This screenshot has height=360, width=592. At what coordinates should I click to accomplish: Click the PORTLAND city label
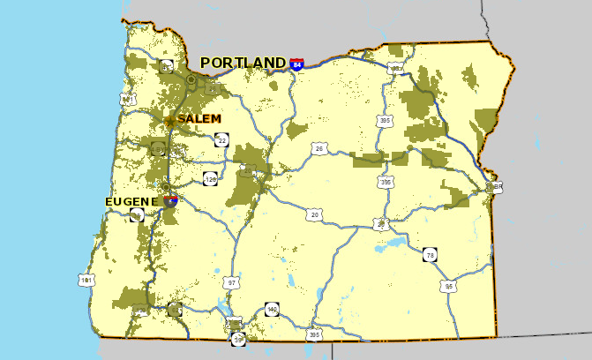[x=244, y=63]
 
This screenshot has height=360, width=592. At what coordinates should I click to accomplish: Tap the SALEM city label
[x=199, y=118]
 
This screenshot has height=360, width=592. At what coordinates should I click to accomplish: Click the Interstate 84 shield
[x=298, y=64]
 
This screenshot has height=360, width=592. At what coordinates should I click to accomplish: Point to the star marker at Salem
[x=170, y=120]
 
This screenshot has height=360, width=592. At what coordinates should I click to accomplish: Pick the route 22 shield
[x=221, y=139]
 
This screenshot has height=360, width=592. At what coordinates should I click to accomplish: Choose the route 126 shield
[x=210, y=179]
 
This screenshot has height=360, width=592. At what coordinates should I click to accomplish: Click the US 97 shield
[x=232, y=283]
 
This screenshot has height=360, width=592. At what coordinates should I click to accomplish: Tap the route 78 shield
[x=430, y=255]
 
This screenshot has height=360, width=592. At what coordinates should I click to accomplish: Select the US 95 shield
[x=449, y=286]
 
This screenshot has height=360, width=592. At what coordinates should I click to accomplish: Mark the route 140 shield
[x=271, y=310]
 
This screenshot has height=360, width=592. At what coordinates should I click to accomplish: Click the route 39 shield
[x=238, y=339]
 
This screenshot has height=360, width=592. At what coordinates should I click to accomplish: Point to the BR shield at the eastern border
[x=498, y=187]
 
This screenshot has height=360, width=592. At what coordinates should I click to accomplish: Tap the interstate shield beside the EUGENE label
[x=170, y=200]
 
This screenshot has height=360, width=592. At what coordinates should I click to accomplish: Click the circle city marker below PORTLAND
[x=191, y=80]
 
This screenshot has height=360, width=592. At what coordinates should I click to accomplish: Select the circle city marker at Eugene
[x=165, y=187]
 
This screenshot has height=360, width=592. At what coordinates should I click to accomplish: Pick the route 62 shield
[x=175, y=310]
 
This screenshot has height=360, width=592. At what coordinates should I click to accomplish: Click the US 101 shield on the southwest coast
[x=86, y=280]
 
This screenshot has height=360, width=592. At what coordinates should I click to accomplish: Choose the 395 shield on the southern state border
[x=313, y=334]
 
